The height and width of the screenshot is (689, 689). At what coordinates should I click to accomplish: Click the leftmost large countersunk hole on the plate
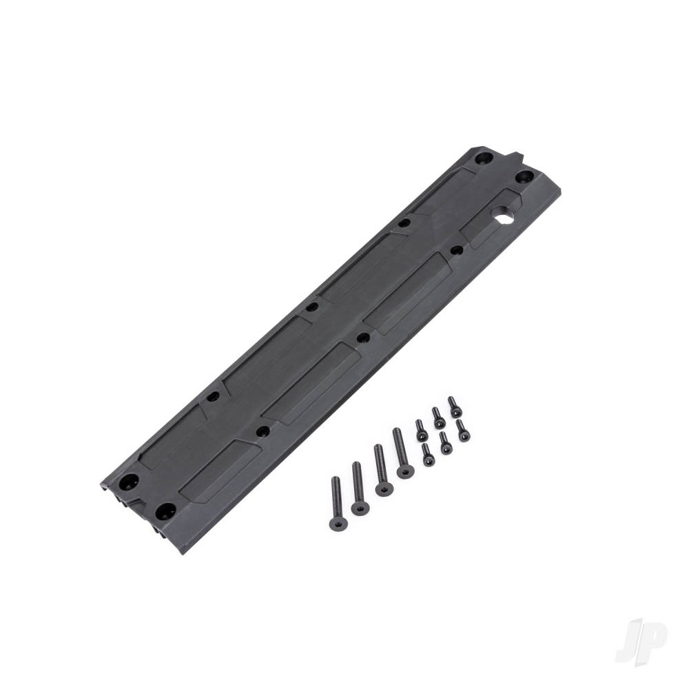click(x=131, y=481)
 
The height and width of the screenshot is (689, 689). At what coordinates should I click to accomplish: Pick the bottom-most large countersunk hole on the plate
click(x=164, y=511)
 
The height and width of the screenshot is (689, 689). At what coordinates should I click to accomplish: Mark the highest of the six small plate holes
click(x=405, y=223)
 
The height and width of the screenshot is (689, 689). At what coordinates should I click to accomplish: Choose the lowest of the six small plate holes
click(x=263, y=432)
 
